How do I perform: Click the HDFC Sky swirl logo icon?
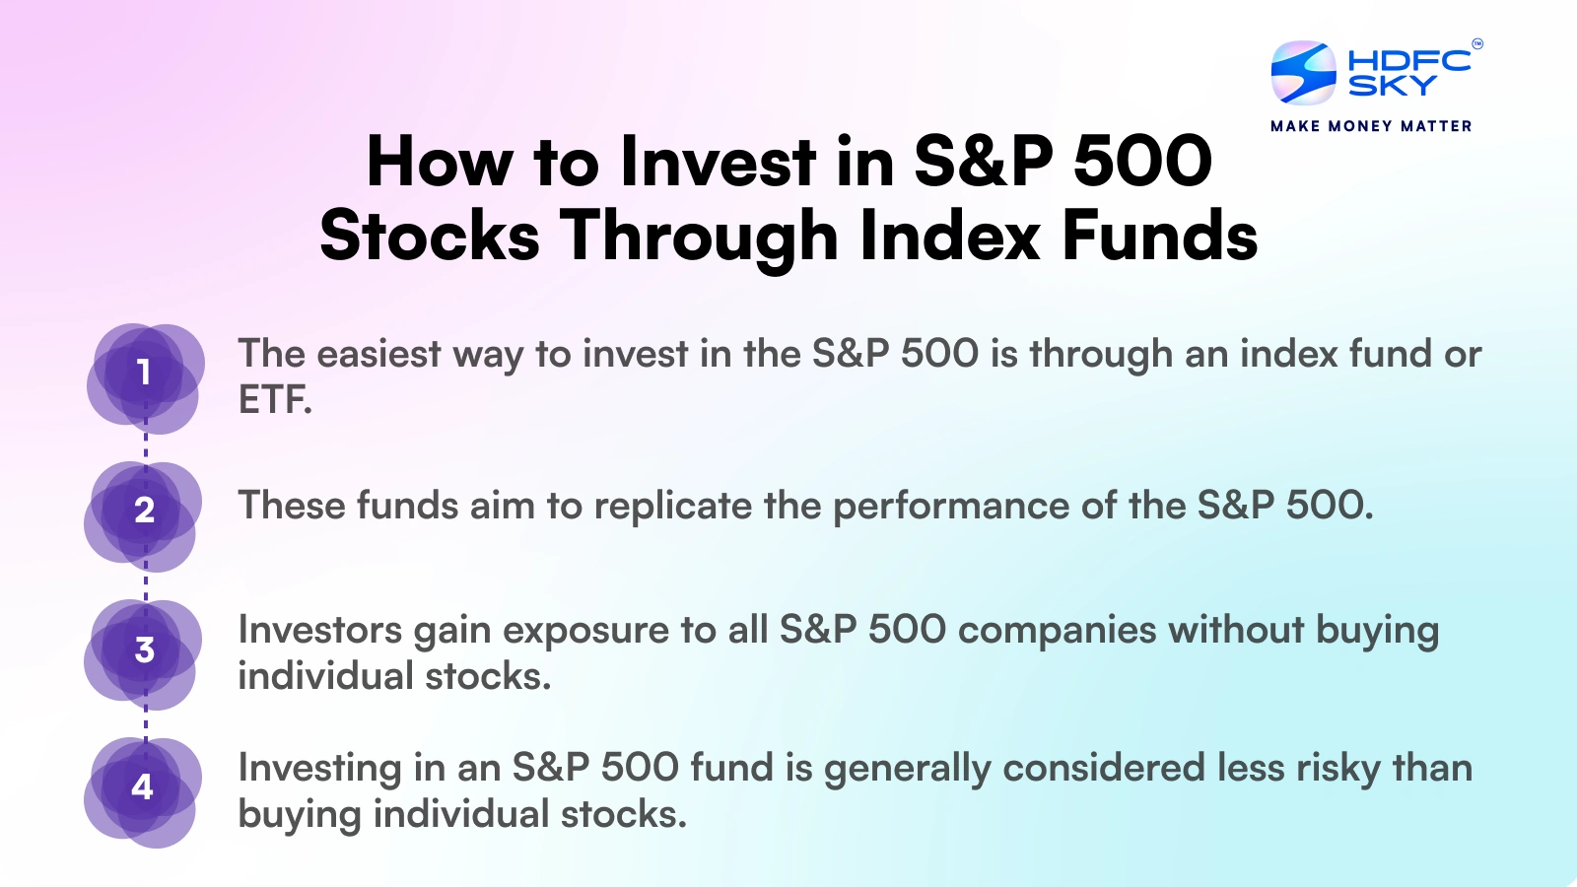pyautogui.click(x=1303, y=72)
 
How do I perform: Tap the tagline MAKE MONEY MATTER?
pyautogui.click(x=1371, y=126)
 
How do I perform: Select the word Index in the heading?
pyautogui.click(x=950, y=237)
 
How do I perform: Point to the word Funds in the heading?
pyautogui.click(x=1159, y=237)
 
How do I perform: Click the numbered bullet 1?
pyautogui.click(x=144, y=373)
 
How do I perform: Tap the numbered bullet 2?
pyautogui.click(x=144, y=511)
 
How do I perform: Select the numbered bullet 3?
pyautogui.click(x=144, y=649)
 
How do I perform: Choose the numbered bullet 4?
pyautogui.click(x=143, y=786)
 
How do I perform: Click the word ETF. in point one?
pyautogui.click(x=275, y=400)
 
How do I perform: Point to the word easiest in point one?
pyautogui.click(x=378, y=354)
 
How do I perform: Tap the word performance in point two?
pyautogui.click(x=950, y=507)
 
